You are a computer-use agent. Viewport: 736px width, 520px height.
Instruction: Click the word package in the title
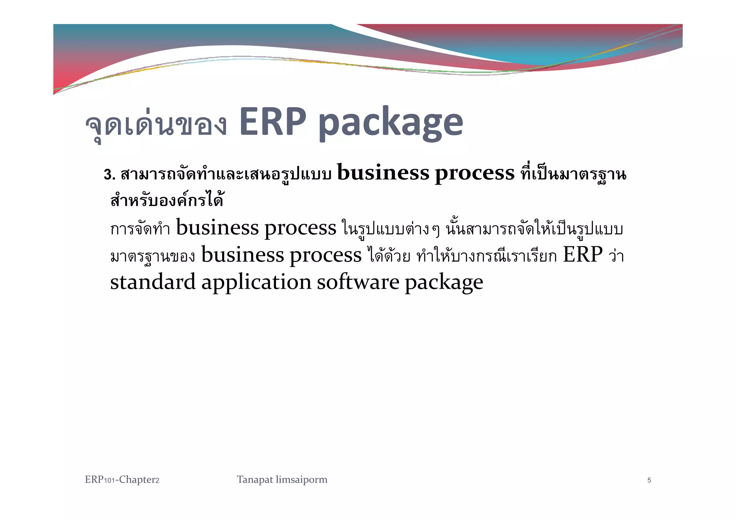[x=391, y=124]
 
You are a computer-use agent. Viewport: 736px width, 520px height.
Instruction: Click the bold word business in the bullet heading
[x=383, y=173]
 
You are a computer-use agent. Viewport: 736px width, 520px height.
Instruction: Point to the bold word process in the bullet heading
[x=475, y=174]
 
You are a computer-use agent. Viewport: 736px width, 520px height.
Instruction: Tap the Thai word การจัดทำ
[x=140, y=229]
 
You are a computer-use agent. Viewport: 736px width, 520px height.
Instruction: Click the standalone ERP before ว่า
[x=583, y=255]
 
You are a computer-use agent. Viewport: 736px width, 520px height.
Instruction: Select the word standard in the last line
[x=153, y=282]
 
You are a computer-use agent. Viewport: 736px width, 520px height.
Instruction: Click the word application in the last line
[x=256, y=283]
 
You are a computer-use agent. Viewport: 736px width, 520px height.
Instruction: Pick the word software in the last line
[x=358, y=282]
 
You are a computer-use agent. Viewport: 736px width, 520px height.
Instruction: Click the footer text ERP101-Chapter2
[x=122, y=480]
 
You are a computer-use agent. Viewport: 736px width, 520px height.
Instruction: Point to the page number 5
[x=649, y=480]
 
